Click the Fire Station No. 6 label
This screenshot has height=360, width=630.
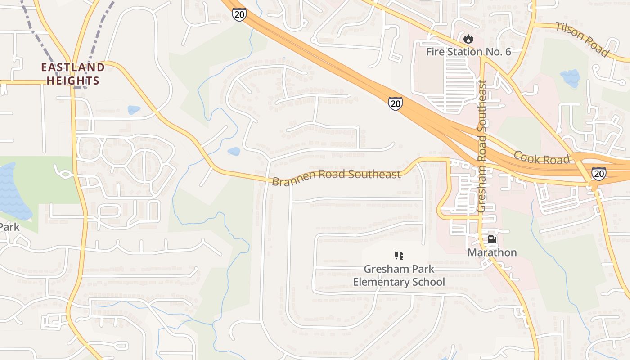tap(468, 52)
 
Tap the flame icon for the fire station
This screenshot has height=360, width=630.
tap(468, 40)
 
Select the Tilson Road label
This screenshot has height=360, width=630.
tap(582, 39)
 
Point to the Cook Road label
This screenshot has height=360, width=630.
tap(542, 157)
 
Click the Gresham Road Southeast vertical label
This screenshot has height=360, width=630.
tap(482, 146)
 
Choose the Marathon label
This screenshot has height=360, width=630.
tap(492, 252)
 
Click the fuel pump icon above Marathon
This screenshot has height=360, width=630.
tap(492, 239)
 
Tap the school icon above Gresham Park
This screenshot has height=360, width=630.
tap(399, 256)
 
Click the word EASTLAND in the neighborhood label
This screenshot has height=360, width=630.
tap(73, 68)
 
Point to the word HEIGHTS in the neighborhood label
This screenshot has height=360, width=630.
tap(73, 81)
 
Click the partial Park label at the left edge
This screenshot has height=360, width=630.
tap(9, 227)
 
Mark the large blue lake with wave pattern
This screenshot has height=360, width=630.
tap(11, 191)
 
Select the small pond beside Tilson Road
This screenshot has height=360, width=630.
tap(570, 78)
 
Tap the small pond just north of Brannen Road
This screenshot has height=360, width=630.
tap(234, 152)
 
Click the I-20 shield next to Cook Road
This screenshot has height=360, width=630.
tap(598, 174)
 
